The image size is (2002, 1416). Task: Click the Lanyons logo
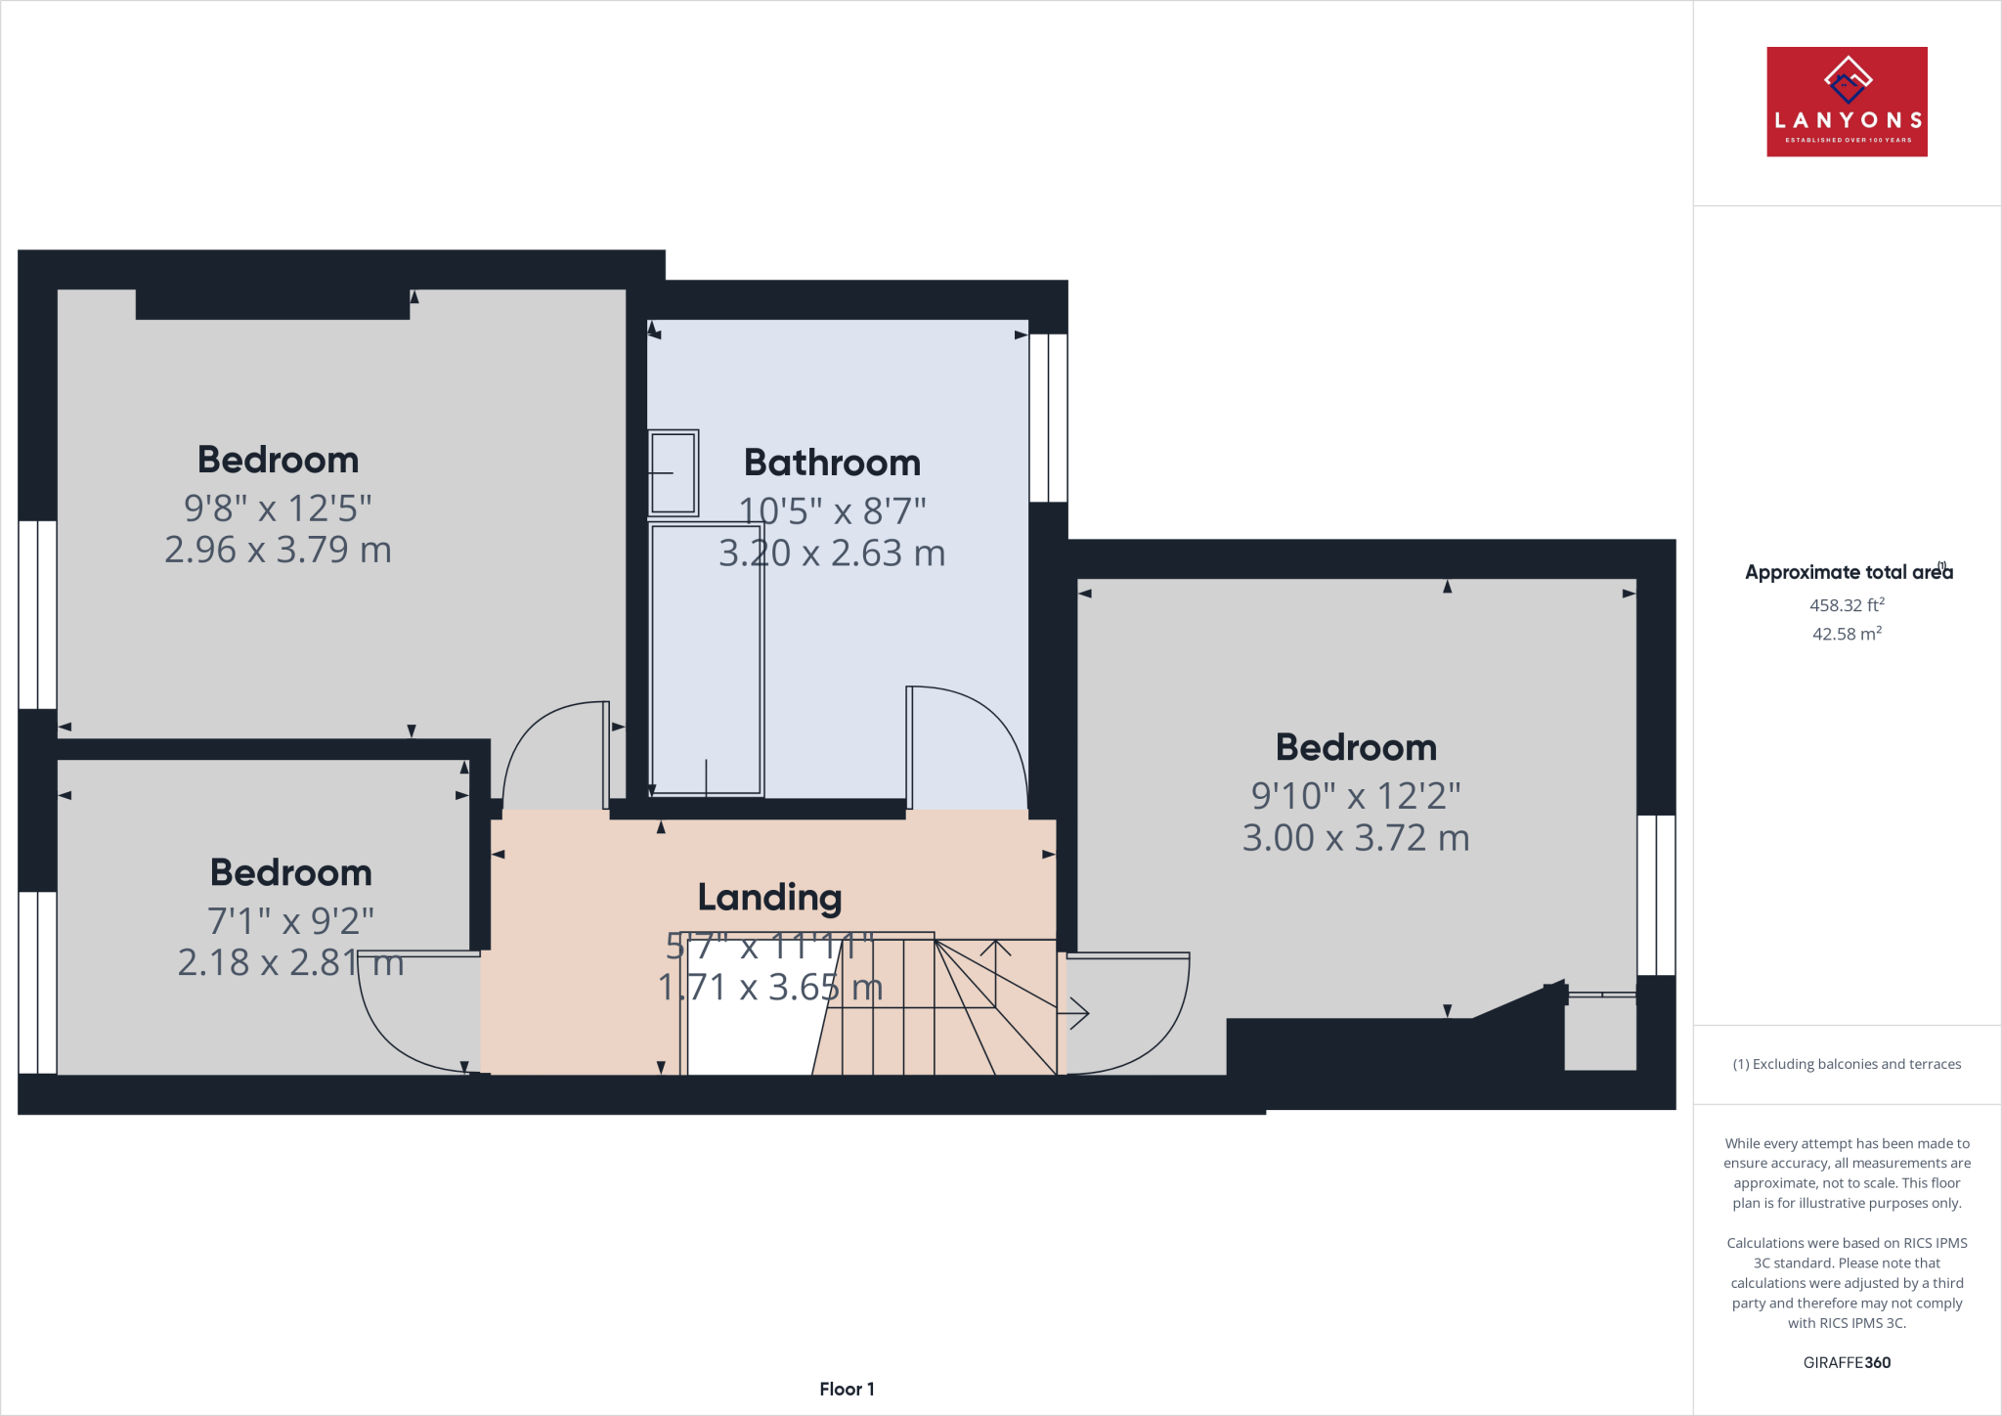tap(1847, 102)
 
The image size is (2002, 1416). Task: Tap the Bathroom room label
tap(832, 463)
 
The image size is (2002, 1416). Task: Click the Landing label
tap(769, 897)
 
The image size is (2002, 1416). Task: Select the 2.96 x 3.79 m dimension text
tap(278, 550)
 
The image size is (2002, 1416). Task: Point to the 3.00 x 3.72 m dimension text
tap(1356, 838)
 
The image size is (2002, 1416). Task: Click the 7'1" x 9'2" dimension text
tap(290, 920)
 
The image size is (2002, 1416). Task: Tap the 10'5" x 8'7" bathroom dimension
tap(832, 510)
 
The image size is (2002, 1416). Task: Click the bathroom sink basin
tap(674, 472)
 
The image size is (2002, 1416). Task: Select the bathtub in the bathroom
tap(706, 660)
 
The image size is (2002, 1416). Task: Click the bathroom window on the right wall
tap(1048, 418)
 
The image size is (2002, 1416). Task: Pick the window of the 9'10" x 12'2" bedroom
tap(1656, 895)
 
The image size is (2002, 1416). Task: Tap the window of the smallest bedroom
tap(37, 982)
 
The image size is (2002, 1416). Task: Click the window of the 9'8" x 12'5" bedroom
tap(37, 614)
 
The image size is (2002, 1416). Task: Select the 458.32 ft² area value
tap(1847, 605)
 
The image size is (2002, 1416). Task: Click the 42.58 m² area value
tap(1847, 634)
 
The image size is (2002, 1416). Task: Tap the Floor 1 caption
tap(847, 1389)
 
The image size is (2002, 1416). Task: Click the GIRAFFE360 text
tap(1847, 1362)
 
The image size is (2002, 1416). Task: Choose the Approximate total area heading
tap(1847, 572)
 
